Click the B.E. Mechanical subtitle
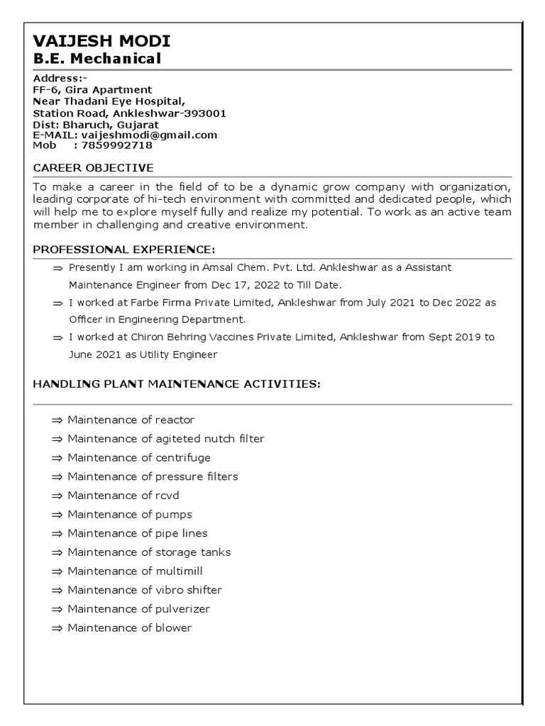click(97, 58)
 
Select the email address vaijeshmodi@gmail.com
click(149, 135)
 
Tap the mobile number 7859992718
click(117, 145)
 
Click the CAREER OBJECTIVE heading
click(93, 168)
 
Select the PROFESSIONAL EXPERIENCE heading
click(123, 250)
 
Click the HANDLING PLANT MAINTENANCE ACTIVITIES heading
click(177, 384)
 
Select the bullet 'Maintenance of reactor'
click(131, 420)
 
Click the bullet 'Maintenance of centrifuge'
click(139, 457)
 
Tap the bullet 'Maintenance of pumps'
click(130, 514)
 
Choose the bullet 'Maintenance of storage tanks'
click(149, 552)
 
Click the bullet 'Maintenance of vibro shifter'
click(145, 590)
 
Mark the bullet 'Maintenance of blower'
click(130, 627)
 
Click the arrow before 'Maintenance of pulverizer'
click(57, 609)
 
